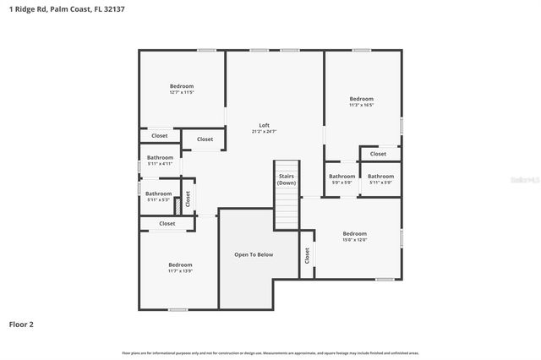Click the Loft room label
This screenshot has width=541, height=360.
[x=264, y=125]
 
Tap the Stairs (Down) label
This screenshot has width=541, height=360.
[x=287, y=179]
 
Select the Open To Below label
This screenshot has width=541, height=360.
[x=254, y=254]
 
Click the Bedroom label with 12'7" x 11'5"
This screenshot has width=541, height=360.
[x=182, y=86]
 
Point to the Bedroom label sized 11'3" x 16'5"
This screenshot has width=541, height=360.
[x=361, y=99]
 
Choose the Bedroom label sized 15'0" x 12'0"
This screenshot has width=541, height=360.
[x=354, y=233]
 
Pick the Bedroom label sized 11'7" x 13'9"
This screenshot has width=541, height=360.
[x=180, y=265]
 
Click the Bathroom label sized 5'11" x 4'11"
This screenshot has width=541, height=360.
[x=160, y=157]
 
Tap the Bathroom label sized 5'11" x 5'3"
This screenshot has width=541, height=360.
[x=159, y=194]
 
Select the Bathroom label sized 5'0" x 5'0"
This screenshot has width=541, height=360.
[x=342, y=176]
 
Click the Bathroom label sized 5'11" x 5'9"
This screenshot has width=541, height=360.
[x=380, y=176]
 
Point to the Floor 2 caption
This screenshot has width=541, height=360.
[x=21, y=324]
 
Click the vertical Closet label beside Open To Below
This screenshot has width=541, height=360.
[x=306, y=254]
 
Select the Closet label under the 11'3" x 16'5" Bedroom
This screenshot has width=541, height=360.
[x=378, y=154]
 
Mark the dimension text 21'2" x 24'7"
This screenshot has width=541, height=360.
[x=264, y=132]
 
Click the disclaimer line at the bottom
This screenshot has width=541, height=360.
[x=270, y=352]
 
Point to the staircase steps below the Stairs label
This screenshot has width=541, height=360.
[x=287, y=207]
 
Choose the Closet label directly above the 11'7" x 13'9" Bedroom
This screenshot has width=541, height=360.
[x=167, y=223]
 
